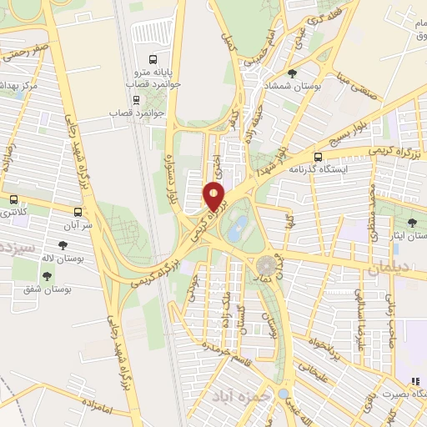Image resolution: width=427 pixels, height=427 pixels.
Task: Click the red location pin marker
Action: tap(214, 197)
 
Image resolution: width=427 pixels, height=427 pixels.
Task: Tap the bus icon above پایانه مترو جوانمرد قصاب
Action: tap(152, 59)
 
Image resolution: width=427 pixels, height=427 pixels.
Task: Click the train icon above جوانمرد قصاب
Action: tap(113, 110)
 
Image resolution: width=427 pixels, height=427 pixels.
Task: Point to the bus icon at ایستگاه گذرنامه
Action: tap(318, 156)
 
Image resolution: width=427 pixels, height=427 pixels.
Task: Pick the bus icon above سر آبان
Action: tap(78, 212)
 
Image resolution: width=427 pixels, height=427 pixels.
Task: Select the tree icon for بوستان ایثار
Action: tap(412, 223)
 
